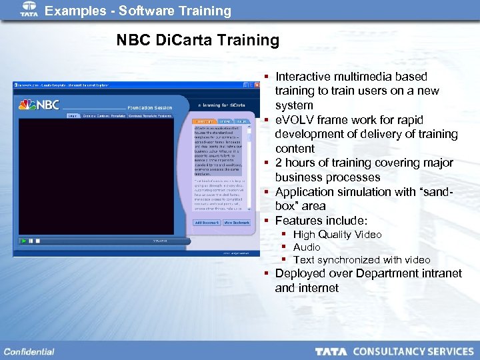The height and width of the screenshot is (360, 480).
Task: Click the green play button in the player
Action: (x=23, y=240)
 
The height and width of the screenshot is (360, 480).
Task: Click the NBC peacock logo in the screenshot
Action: (x=27, y=105)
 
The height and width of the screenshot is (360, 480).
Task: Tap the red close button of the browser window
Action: (x=257, y=85)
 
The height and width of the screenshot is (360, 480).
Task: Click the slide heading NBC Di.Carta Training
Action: (x=198, y=40)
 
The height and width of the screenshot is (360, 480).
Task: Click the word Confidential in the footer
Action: (x=29, y=351)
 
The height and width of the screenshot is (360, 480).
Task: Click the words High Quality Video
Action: (x=337, y=234)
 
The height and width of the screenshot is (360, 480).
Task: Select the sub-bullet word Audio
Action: (x=307, y=247)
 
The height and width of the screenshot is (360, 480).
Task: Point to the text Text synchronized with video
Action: (x=362, y=259)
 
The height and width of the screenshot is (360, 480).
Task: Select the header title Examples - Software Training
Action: (x=138, y=11)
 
